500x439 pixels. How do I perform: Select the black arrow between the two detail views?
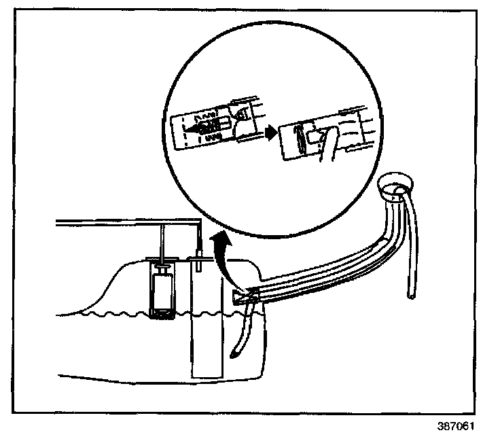[270, 133]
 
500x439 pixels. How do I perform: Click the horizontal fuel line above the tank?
[122, 223]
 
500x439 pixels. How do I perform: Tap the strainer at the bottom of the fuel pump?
[163, 313]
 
